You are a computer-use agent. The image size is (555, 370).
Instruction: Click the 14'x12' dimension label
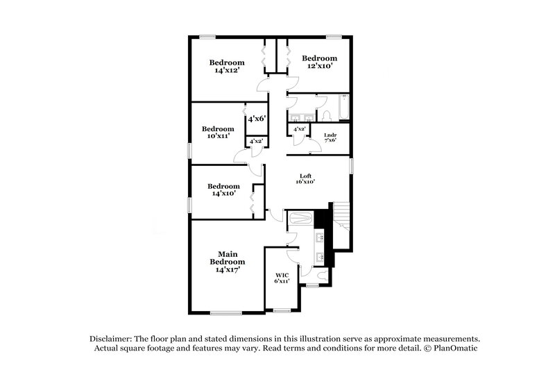point(227,70)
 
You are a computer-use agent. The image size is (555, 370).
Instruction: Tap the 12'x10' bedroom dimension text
point(320,66)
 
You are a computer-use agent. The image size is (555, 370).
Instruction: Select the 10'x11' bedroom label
point(217,137)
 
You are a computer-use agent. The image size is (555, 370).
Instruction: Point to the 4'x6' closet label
point(257,119)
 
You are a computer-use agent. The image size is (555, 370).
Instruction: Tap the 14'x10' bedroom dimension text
point(223,194)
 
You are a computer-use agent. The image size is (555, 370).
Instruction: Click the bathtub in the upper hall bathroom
point(342,108)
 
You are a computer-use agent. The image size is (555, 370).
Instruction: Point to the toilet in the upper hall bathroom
point(325,114)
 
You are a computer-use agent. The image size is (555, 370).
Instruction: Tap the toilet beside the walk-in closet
point(312,282)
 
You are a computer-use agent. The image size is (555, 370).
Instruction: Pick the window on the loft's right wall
point(352,167)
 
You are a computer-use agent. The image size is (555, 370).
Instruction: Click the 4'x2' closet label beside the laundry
point(300,129)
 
